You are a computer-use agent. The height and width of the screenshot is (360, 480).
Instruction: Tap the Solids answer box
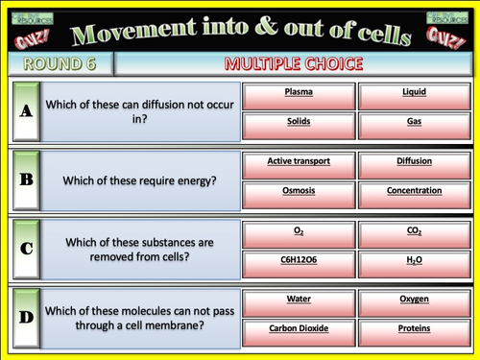coord(299,123)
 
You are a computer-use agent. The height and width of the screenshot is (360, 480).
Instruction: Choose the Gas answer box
coord(414,123)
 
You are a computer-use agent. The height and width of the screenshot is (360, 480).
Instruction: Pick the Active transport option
coord(299,163)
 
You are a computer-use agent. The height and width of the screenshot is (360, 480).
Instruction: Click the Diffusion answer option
coord(414,163)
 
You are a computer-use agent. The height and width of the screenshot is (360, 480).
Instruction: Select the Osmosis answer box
coord(299,191)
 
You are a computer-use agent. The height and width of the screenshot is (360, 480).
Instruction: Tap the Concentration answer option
coord(414,191)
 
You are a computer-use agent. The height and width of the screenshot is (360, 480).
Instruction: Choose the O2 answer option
coord(299,233)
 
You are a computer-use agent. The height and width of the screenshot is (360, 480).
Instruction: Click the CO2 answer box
coord(414,233)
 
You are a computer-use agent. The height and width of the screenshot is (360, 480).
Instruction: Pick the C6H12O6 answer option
coord(299,260)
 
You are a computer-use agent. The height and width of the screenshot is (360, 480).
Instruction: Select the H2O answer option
coord(414,260)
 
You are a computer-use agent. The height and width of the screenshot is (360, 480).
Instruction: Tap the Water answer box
coord(299,300)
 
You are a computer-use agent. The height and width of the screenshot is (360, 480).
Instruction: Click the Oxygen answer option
coord(414,300)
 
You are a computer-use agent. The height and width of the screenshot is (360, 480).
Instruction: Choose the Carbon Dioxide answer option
coord(299,328)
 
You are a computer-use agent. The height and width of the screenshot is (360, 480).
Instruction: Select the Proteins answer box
coord(414,328)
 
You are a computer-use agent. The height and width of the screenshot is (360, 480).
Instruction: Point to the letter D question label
coord(26,314)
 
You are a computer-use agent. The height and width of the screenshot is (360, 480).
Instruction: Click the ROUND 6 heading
coord(60,64)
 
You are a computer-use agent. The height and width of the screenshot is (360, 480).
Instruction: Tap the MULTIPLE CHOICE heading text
coord(293,64)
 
